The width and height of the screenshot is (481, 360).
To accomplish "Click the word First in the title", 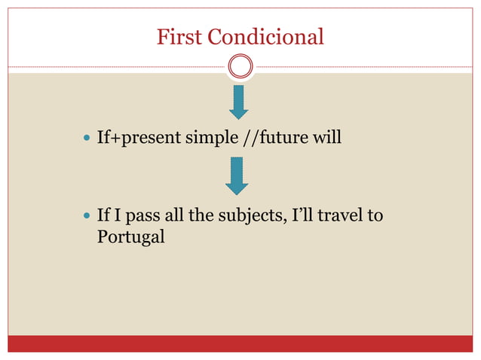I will point(179,36).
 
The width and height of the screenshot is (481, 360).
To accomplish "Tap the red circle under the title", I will point(240,67).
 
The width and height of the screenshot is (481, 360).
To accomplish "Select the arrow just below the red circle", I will point(239,102).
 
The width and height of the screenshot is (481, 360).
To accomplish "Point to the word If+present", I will point(127,139).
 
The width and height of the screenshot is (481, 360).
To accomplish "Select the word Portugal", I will point(131,237).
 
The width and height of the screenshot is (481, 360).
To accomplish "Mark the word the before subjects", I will point(196,216).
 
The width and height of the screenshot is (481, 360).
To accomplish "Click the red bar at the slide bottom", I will point(240,343).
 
